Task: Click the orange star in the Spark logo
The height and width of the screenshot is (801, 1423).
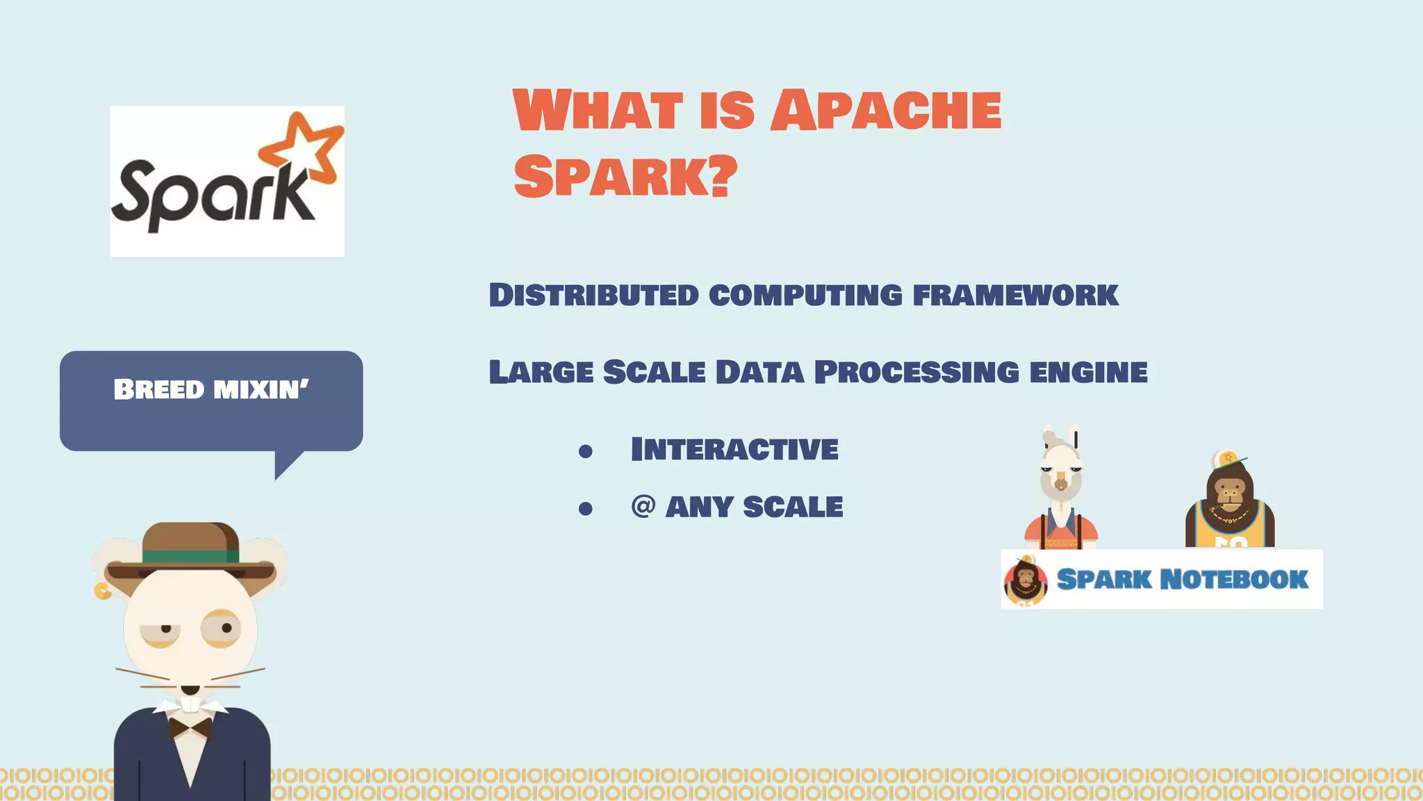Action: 304,147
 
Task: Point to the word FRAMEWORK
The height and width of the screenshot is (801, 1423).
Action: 1015,295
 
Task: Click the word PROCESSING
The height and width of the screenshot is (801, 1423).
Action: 916,372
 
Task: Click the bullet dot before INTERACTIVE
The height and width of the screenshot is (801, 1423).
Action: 586,452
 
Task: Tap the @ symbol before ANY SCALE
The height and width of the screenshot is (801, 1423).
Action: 643,505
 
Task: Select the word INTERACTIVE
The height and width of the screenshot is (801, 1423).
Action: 734,449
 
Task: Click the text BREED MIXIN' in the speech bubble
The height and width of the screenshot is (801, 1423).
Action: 211,389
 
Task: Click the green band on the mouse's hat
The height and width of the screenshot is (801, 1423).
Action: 190,556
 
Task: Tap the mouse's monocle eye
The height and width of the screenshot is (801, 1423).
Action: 222,629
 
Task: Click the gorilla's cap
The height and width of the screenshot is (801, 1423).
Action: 1226,458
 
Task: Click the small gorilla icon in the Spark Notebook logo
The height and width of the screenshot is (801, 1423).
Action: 1026,581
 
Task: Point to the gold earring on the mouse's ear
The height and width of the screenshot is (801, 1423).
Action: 102,591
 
